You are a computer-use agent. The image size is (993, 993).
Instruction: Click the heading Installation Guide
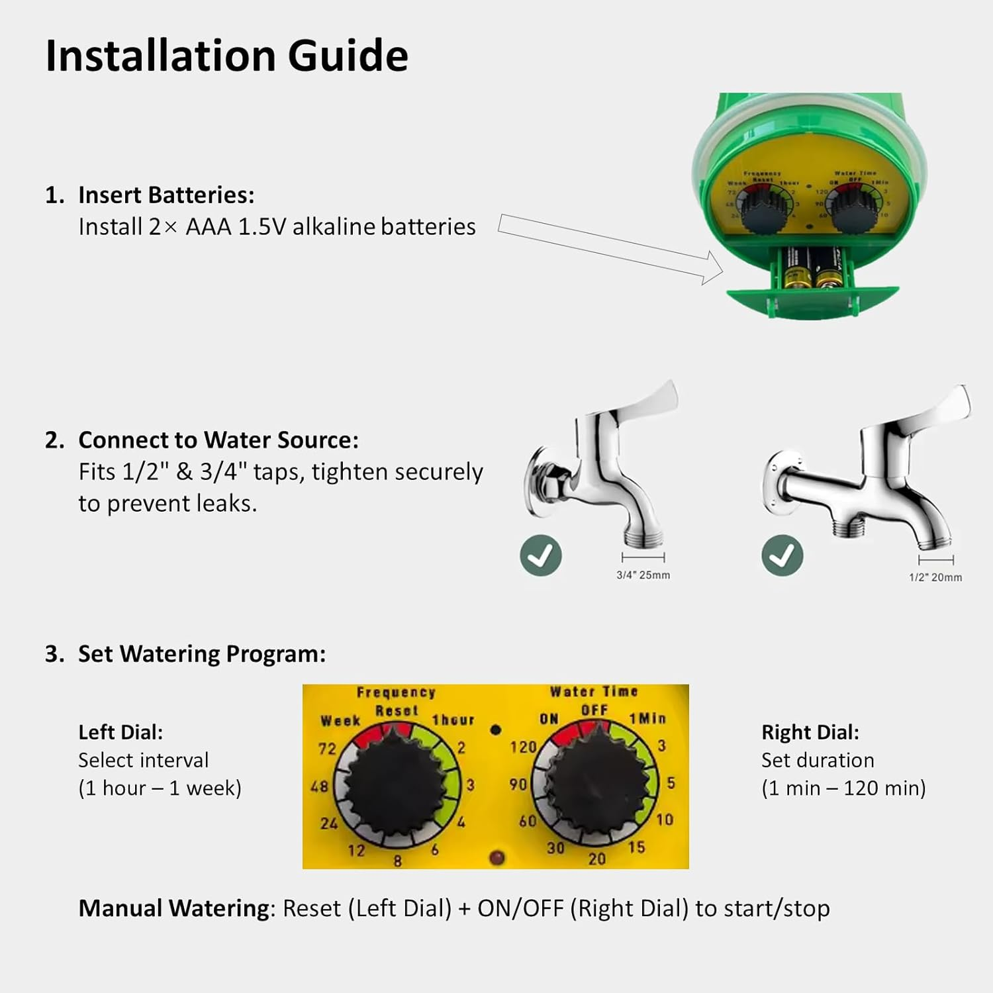coord(226,56)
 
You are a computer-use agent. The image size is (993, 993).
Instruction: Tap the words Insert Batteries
coord(165,195)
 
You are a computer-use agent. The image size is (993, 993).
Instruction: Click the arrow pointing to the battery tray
coord(609,248)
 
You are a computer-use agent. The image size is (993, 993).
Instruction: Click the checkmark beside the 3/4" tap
coord(541,555)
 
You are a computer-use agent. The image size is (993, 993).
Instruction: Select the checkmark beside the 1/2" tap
coord(782,555)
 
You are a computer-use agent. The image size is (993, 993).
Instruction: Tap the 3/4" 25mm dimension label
coord(643,575)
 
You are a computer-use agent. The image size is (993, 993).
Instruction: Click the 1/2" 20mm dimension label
coord(935,577)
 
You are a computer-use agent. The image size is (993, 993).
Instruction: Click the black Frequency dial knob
coord(395,783)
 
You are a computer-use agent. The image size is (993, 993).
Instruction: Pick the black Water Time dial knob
coord(599,781)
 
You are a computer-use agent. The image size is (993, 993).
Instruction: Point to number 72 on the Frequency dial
coord(327,749)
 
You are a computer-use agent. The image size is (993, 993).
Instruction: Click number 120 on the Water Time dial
coord(523,747)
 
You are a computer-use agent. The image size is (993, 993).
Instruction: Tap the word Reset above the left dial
coord(397,711)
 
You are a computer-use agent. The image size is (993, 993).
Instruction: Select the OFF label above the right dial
coord(594,710)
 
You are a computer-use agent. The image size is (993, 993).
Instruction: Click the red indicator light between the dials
coord(496,858)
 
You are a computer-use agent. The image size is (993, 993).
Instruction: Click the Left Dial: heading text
coord(120,732)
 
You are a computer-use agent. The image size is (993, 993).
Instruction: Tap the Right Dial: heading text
coord(810,732)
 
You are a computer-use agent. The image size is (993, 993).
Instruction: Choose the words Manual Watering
coord(174,908)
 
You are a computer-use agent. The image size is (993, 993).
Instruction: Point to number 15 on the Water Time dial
coord(636,847)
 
